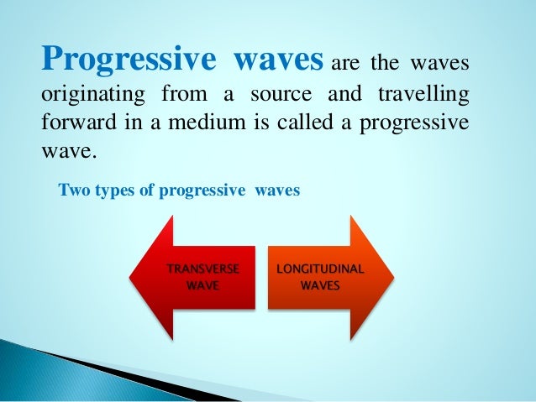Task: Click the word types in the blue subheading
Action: tap(109, 190)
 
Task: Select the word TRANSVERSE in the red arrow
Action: tap(202, 269)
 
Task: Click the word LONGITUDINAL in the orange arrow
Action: tap(320, 269)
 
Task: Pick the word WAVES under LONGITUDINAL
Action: tap(320, 286)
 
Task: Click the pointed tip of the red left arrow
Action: tap(132, 277)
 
